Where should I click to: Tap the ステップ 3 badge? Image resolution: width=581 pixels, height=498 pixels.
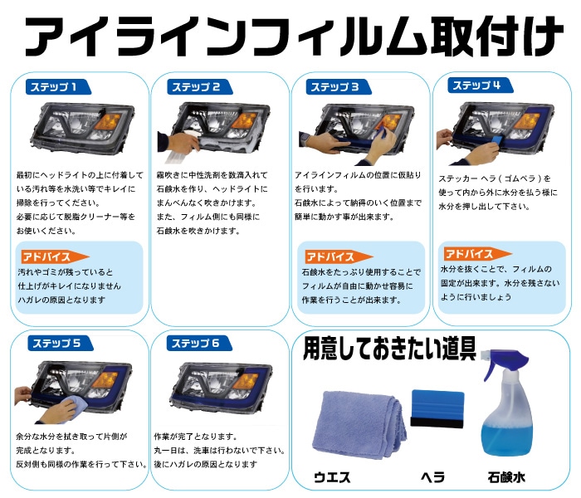click(334, 86)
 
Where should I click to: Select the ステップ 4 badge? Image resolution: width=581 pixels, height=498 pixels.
click(476, 85)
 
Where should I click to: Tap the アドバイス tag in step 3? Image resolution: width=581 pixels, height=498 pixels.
click(334, 256)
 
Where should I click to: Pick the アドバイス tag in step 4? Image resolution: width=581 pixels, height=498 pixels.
click(474, 253)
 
